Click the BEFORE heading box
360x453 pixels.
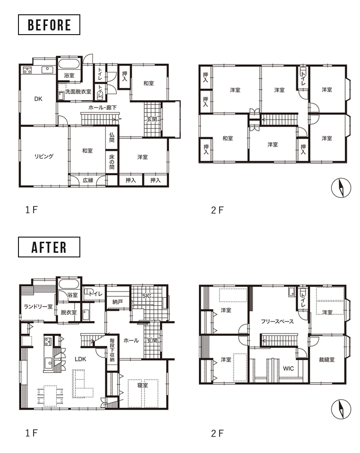click(49, 25)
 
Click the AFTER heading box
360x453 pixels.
click(49, 247)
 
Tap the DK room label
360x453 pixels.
click(38, 99)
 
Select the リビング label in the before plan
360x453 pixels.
click(44, 156)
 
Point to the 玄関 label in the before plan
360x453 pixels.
click(152, 119)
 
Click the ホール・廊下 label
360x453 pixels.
click(102, 108)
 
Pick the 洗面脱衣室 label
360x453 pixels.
click(78, 92)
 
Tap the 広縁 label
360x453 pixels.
click(88, 180)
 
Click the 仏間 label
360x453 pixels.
click(112, 137)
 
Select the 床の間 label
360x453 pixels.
click(112, 162)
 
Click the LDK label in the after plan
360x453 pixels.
click(80, 359)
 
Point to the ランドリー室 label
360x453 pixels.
click(38, 306)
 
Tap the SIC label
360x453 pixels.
click(147, 296)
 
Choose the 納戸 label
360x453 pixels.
click(117, 302)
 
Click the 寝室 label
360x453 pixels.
click(143, 385)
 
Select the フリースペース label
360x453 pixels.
click(277, 322)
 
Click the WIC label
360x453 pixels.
click(288, 369)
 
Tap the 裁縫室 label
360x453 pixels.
click(327, 360)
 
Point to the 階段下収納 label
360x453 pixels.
click(112, 350)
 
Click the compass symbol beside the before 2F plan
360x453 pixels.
click(341, 188)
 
